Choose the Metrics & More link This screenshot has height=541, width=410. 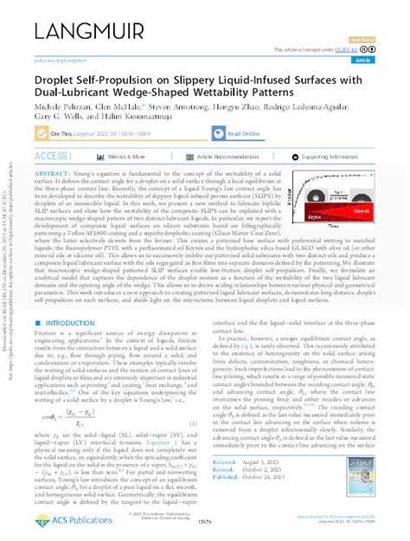pos(131,157)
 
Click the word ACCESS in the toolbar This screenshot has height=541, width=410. pos(54,157)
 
